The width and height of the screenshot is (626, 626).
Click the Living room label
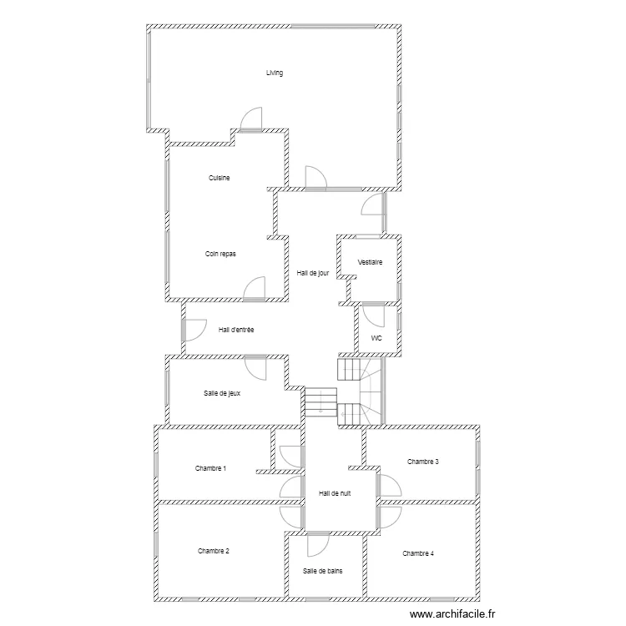[x=275, y=73]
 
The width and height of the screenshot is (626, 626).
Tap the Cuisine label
[x=220, y=178]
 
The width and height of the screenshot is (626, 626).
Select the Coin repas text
[x=220, y=254]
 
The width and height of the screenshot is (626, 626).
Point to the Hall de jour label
[x=313, y=273]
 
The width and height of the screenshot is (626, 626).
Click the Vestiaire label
[x=370, y=262]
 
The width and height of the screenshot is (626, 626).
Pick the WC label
[x=376, y=338]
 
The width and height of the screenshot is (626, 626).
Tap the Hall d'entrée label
[x=236, y=330]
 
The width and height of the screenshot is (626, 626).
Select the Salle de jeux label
[x=222, y=393]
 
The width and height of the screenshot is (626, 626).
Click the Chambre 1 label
[x=210, y=468]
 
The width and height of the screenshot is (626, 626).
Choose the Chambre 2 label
[x=213, y=551]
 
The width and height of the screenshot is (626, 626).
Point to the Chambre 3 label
[x=423, y=462]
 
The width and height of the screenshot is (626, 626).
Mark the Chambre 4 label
[x=418, y=553]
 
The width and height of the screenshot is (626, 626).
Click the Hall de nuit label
[x=335, y=493]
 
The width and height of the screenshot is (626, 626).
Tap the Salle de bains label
[x=322, y=571]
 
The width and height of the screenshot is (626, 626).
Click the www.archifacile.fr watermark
[x=452, y=614]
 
